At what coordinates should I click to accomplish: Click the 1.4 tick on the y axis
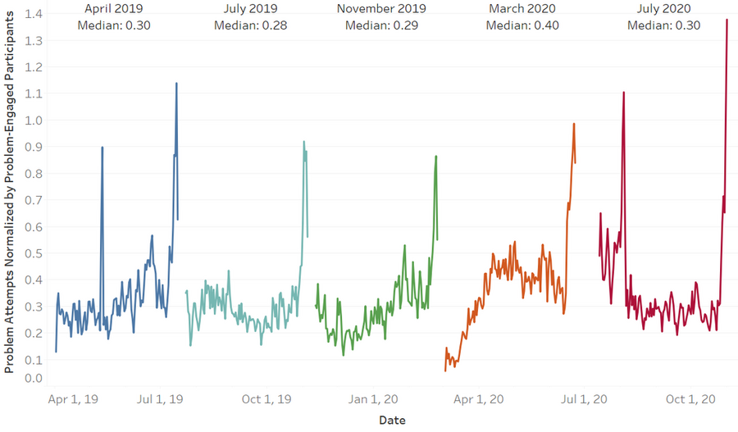coord(34,14)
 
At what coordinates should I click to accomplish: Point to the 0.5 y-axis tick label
coord(34,253)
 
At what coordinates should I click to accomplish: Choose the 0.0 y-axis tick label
coord(34,378)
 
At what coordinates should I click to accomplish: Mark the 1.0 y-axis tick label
coord(34,121)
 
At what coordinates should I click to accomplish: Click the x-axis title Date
coord(392,420)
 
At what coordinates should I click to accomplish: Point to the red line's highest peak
coord(727,20)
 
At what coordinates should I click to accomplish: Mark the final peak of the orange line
coord(574,124)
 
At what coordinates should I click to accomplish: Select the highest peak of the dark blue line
coord(176,83)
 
